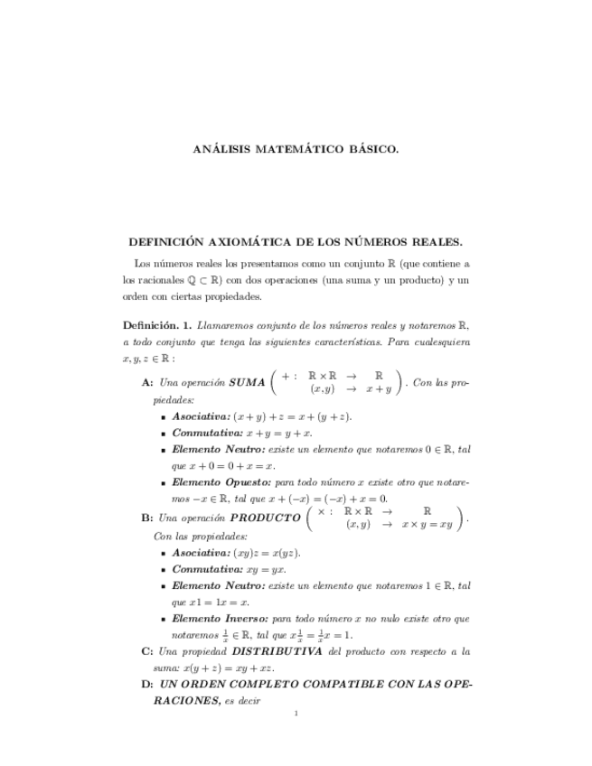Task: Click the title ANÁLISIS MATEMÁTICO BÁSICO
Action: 296,148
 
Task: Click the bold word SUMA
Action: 247,383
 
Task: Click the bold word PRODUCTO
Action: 266,518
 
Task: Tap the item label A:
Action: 147,383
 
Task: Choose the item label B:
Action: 147,518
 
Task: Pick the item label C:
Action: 147,650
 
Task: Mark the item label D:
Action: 147,684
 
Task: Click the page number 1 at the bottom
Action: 296,715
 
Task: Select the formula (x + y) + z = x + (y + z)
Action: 292,416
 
